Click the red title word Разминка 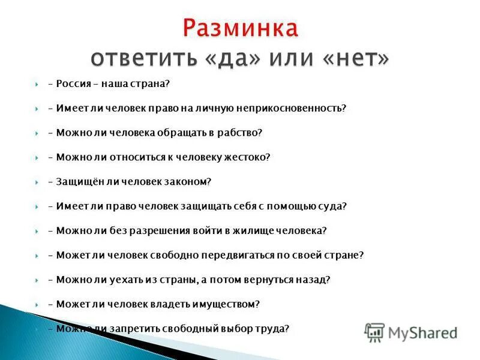tap(239, 28)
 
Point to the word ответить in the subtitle tap(136, 58)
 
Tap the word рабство tap(242, 133)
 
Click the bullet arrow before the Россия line tap(36, 84)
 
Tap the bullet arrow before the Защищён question tap(36, 182)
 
